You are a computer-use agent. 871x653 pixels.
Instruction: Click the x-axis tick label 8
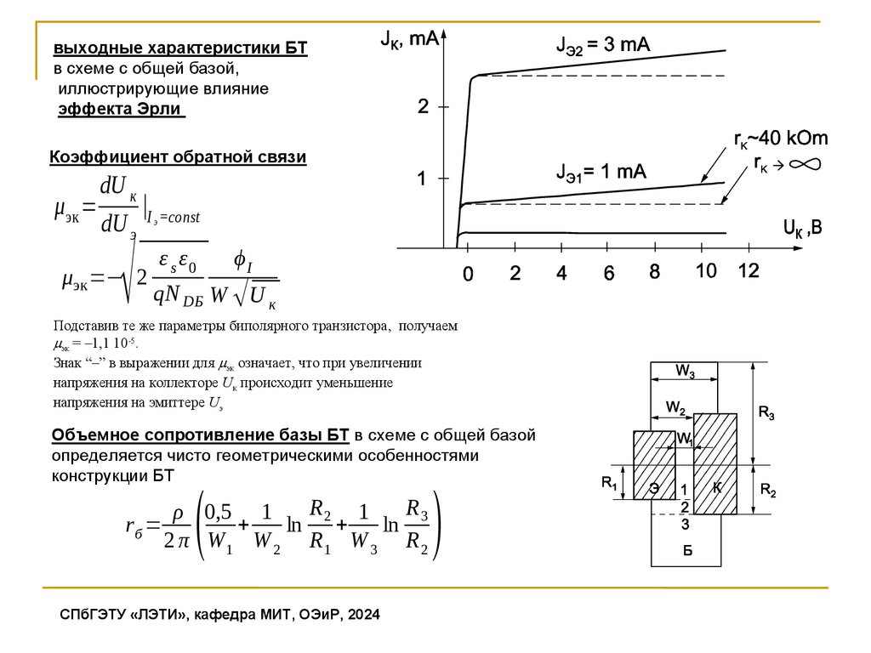(x=654, y=272)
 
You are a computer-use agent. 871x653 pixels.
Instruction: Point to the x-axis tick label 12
(x=749, y=272)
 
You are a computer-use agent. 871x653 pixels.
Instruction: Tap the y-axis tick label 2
(x=423, y=107)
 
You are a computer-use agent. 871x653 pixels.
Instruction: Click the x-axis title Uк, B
(x=802, y=228)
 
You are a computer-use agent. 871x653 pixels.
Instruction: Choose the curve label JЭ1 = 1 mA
(x=601, y=172)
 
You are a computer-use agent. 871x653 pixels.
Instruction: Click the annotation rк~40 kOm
(x=781, y=139)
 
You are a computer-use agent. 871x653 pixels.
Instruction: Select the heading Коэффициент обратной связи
(x=178, y=157)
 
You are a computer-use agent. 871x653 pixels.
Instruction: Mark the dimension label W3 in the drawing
(x=686, y=372)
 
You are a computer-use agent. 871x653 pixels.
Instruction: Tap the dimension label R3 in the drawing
(x=766, y=414)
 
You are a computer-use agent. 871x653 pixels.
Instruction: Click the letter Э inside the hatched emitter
(x=655, y=488)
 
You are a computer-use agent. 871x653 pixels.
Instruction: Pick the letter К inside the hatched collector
(x=716, y=487)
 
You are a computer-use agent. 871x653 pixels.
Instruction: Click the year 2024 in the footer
(x=363, y=615)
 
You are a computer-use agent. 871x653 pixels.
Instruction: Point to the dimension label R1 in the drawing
(x=609, y=483)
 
